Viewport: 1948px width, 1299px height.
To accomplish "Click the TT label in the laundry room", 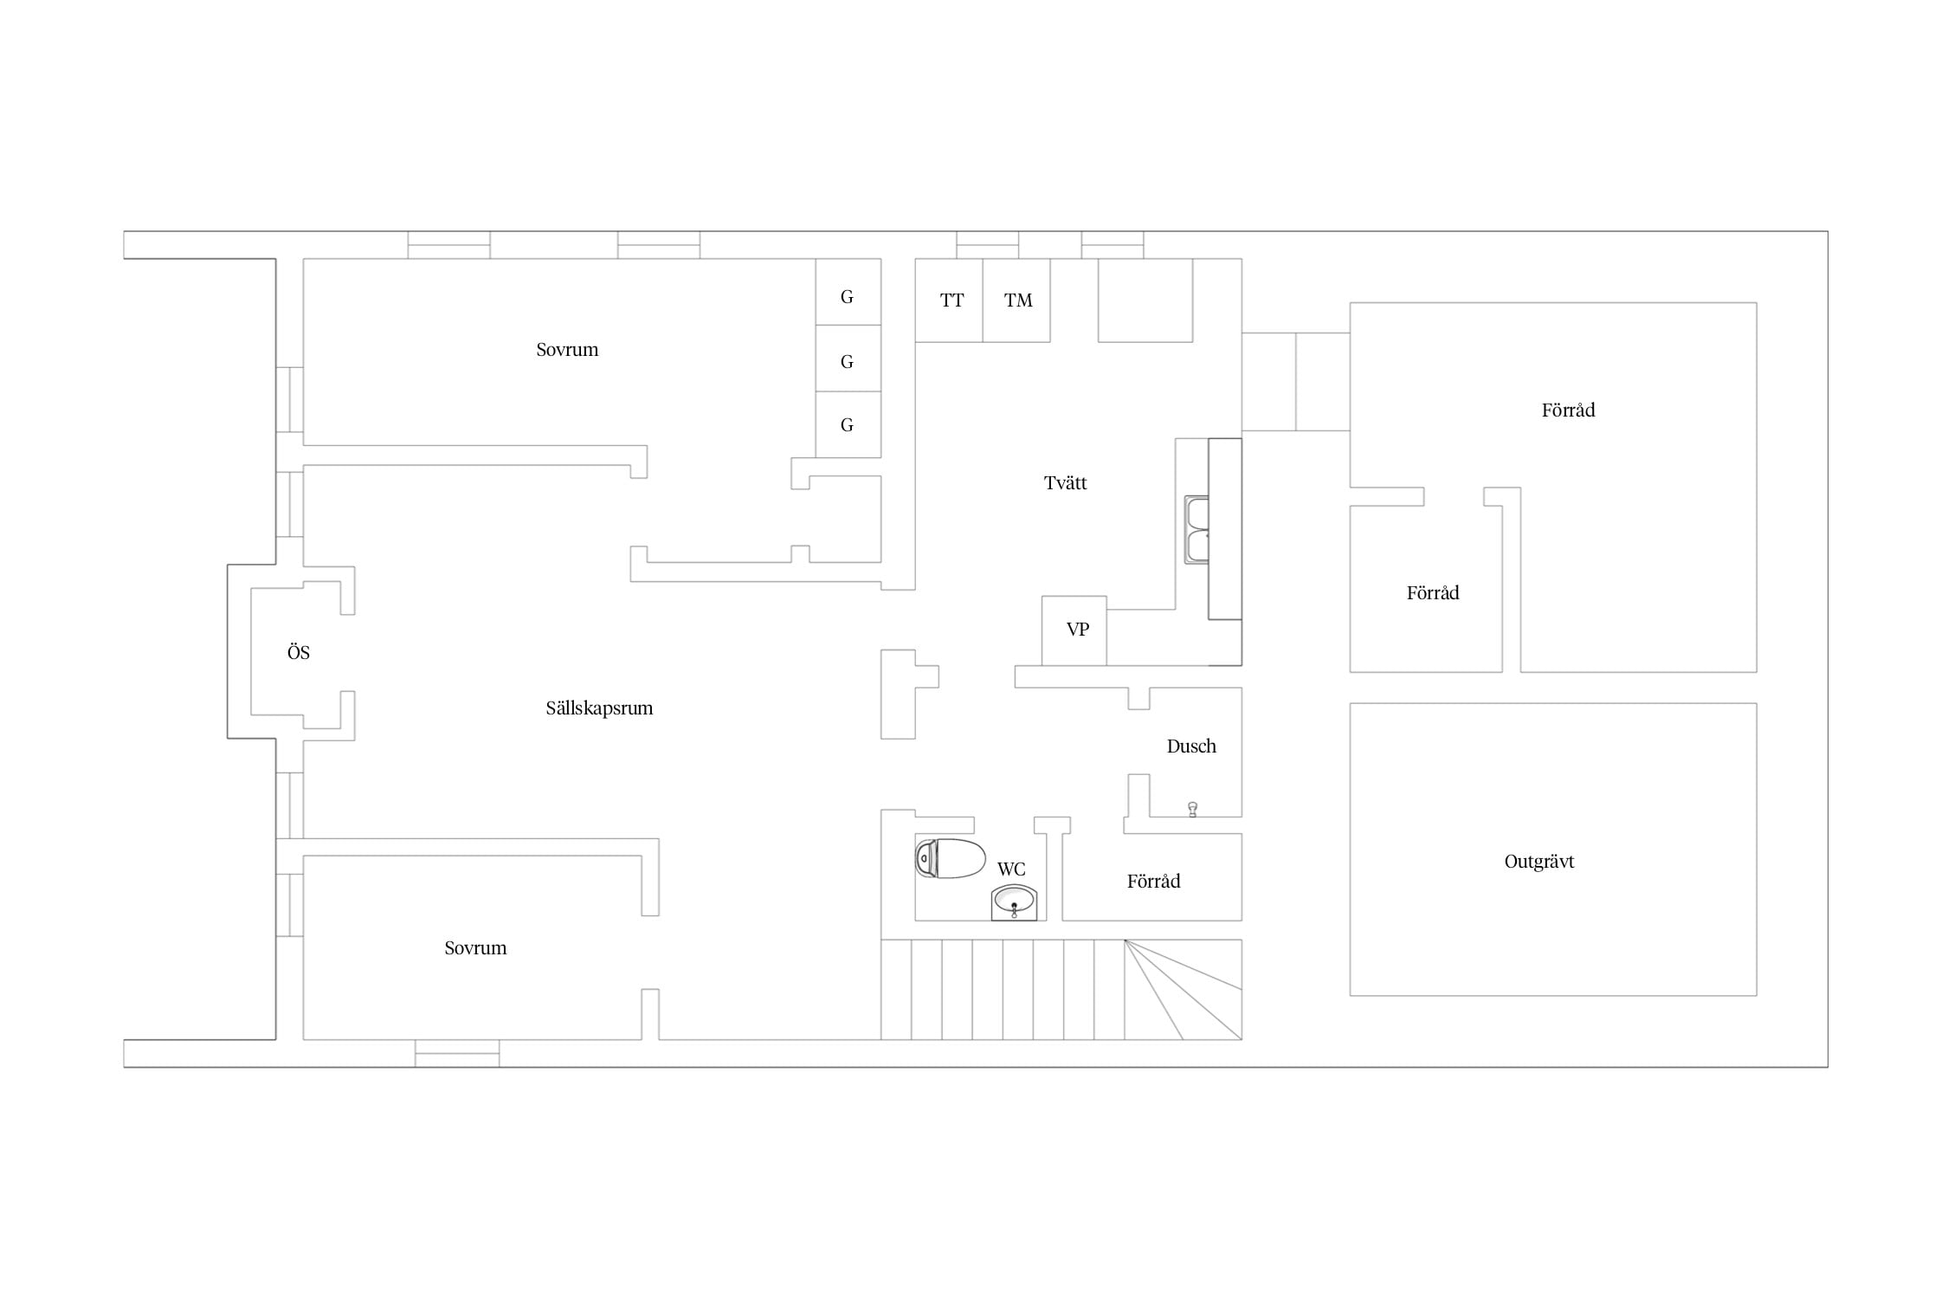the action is click(x=951, y=301).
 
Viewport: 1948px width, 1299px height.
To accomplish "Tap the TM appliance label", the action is click(x=1018, y=301).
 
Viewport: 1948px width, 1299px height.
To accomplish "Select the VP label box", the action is click(x=1078, y=630).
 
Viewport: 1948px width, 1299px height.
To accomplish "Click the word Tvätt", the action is click(x=1065, y=483).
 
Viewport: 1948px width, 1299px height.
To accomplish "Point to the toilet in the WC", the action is click(x=951, y=858).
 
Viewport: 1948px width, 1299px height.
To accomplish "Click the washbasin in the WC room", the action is click(x=1014, y=902).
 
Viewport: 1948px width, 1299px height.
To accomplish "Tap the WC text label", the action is click(x=1011, y=869).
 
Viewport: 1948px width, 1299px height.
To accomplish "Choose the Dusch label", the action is click(x=1191, y=746).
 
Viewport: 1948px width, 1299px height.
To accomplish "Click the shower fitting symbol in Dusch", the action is click(x=1193, y=810).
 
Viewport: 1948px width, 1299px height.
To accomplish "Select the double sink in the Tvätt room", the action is click(x=1197, y=530).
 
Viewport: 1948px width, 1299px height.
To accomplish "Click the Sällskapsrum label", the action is click(x=599, y=708).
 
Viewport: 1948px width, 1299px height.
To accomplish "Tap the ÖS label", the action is click(x=299, y=652).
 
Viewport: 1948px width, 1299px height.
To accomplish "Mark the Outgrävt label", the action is click(x=1539, y=862).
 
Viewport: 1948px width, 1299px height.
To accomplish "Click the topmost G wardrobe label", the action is click(x=847, y=297).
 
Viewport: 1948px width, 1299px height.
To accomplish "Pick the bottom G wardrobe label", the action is click(x=847, y=425).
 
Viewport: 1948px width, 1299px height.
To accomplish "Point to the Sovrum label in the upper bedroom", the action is click(x=567, y=350).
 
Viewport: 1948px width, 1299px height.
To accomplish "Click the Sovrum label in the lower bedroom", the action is click(x=475, y=948).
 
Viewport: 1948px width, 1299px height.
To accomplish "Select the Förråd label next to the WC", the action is click(x=1153, y=882).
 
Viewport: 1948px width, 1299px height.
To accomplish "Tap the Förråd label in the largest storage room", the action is click(x=1568, y=410).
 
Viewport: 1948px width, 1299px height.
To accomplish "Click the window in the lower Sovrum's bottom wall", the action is click(x=457, y=1053).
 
